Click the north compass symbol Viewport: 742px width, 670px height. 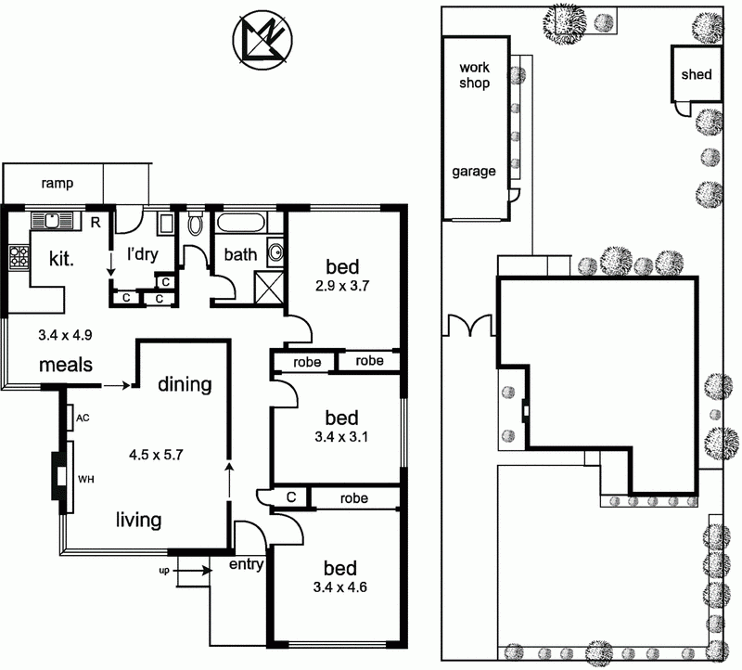[x=261, y=41]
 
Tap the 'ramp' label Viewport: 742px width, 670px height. [x=57, y=184]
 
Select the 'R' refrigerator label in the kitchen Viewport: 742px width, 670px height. [x=95, y=222]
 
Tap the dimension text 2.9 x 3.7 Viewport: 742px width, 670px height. [x=341, y=286]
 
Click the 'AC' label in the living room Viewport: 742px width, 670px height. [x=83, y=419]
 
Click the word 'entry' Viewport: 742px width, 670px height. [x=246, y=563]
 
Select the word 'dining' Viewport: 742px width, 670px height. [x=184, y=384]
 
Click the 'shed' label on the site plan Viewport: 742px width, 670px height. [x=696, y=74]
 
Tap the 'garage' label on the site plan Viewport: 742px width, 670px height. [x=474, y=171]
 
